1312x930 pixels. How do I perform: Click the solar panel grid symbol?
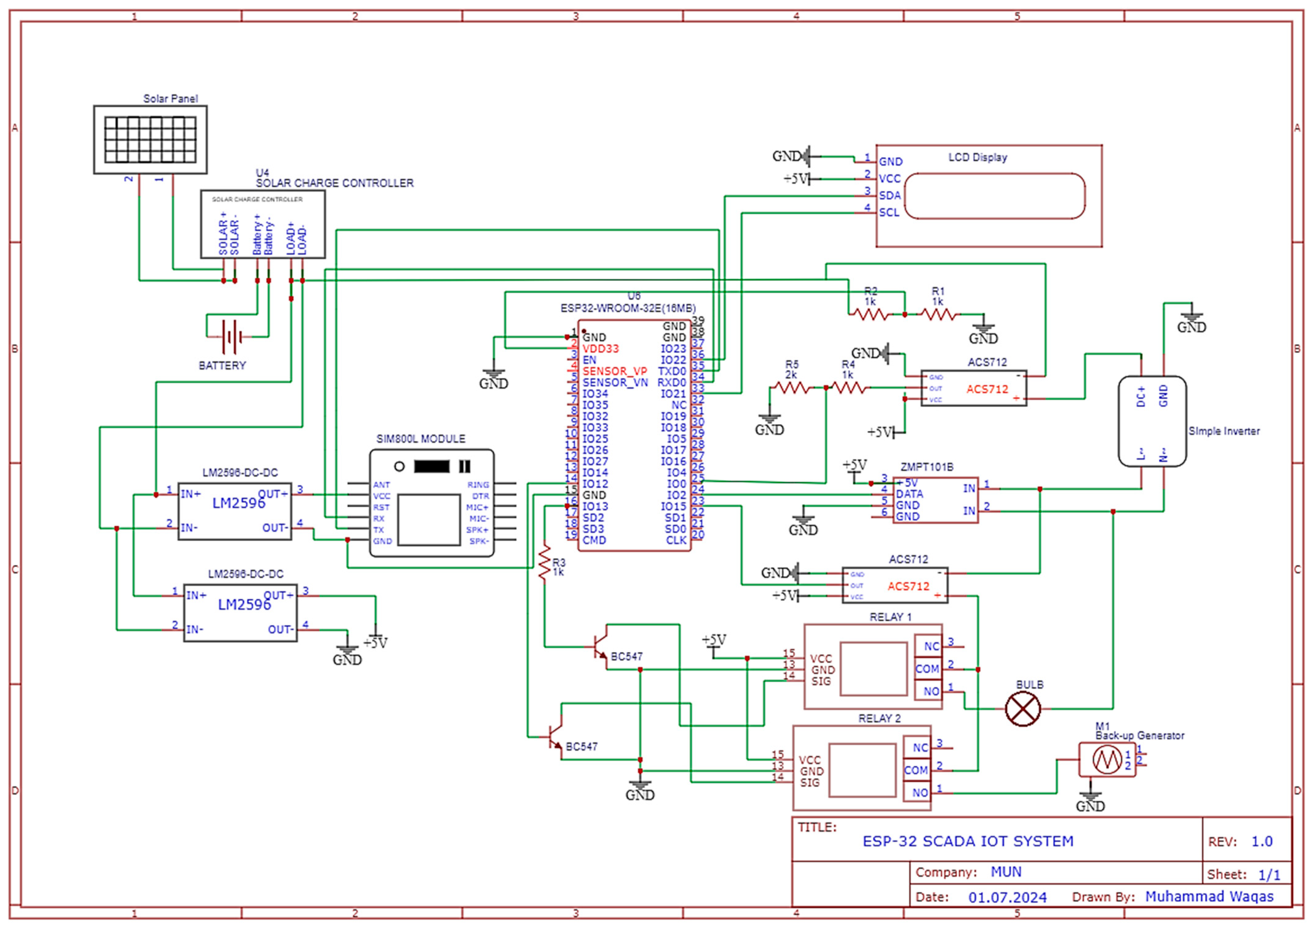[150, 139]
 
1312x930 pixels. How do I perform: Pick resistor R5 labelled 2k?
[791, 388]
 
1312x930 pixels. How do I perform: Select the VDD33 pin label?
[600, 349]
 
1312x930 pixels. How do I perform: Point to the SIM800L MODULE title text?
[421, 439]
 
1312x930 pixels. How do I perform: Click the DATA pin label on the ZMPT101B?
[909, 494]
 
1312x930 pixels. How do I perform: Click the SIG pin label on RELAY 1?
[821, 682]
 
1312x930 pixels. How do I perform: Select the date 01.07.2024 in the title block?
[1007, 897]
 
